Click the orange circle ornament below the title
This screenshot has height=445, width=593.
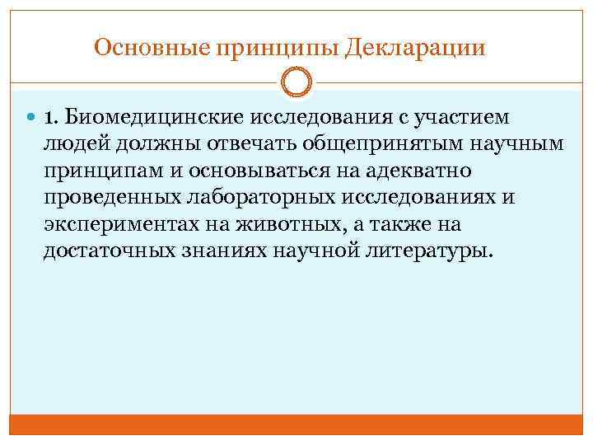[x=296, y=83]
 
